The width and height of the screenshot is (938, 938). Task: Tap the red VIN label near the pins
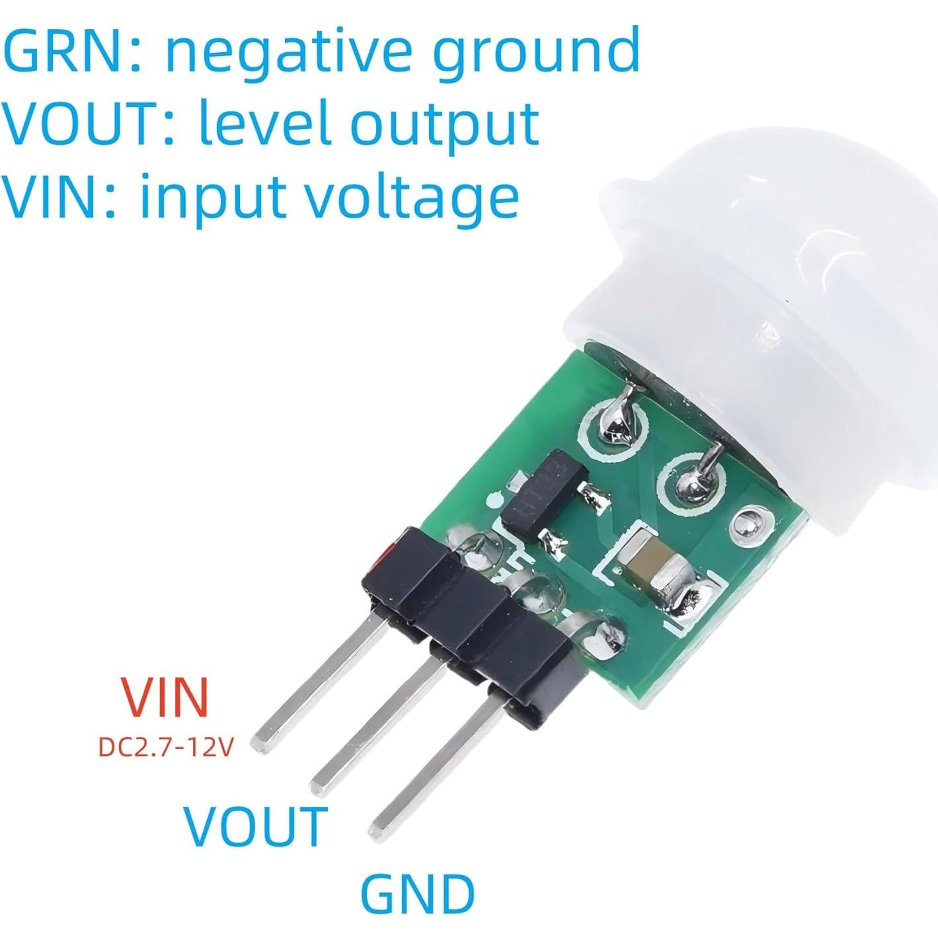pos(165,697)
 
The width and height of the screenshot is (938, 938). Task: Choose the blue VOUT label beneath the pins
pos(255,826)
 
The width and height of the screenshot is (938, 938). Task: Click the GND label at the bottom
pos(417,894)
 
